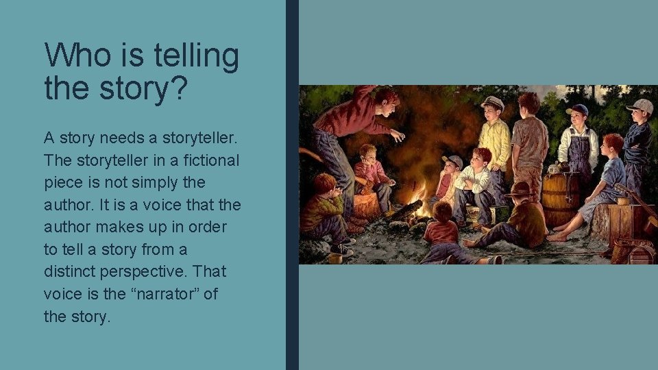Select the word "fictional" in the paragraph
click(x=205, y=160)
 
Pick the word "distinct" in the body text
click(x=72, y=272)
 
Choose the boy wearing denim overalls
click(x=578, y=144)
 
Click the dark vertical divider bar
click(x=292, y=185)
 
